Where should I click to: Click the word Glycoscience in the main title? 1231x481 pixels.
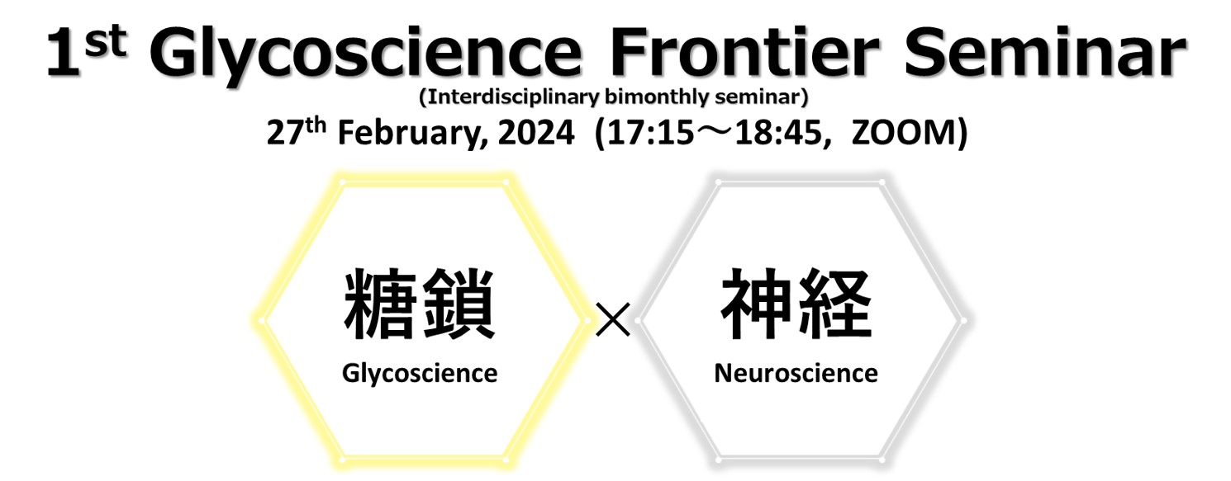pyautogui.click(x=365, y=55)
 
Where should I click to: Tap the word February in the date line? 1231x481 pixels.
pyautogui.click(x=413, y=134)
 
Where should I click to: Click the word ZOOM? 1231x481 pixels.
pyautogui.click(x=904, y=134)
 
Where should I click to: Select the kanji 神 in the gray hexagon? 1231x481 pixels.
pyautogui.click(x=756, y=303)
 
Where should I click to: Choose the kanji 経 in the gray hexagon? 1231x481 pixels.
pyautogui.click(x=835, y=303)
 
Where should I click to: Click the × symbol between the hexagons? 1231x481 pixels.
pyautogui.click(x=613, y=319)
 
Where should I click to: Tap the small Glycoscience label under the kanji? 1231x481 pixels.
pyautogui.click(x=420, y=374)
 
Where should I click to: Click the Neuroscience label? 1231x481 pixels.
pyautogui.click(x=796, y=374)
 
